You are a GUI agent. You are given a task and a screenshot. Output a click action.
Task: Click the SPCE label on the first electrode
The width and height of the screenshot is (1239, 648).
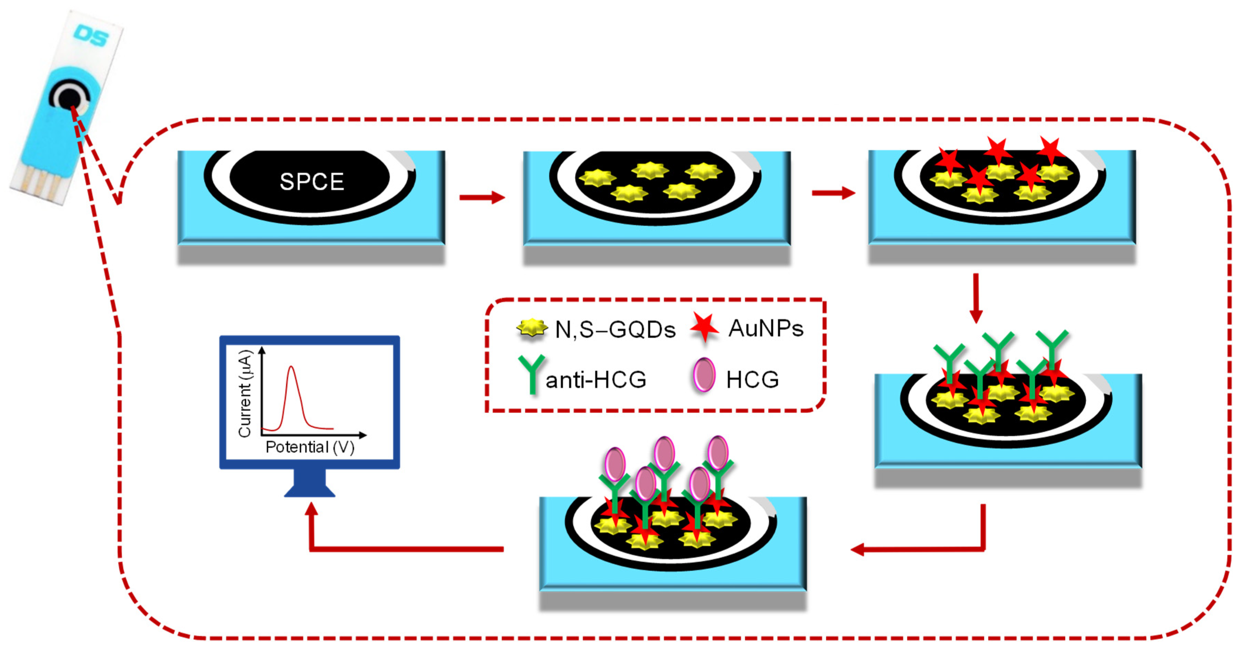[x=312, y=182]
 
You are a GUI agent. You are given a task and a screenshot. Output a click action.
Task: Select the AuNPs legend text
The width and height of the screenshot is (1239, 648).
[x=766, y=328]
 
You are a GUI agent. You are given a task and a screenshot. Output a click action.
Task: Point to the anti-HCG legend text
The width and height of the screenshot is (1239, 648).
[x=595, y=380]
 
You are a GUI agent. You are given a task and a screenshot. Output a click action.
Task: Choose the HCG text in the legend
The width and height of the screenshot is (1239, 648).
[x=752, y=380]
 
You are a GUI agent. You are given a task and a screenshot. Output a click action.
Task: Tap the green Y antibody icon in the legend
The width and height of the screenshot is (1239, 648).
[x=531, y=373]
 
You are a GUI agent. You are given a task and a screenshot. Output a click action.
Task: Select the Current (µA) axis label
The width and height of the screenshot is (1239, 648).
[x=245, y=393]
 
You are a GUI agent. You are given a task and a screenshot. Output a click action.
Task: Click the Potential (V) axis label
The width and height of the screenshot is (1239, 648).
[x=310, y=447]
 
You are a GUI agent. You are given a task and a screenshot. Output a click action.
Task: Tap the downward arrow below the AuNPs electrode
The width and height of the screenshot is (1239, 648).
[x=976, y=298]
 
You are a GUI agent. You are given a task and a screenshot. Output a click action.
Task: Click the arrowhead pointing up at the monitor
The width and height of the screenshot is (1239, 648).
[x=312, y=510]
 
